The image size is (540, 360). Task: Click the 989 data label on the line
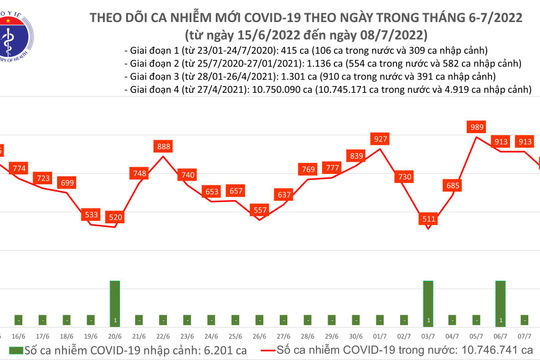tap(477, 127)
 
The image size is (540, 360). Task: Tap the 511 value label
tap(430, 218)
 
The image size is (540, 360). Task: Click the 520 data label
tap(115, 217)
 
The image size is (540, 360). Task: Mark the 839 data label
tap(356, 155)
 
